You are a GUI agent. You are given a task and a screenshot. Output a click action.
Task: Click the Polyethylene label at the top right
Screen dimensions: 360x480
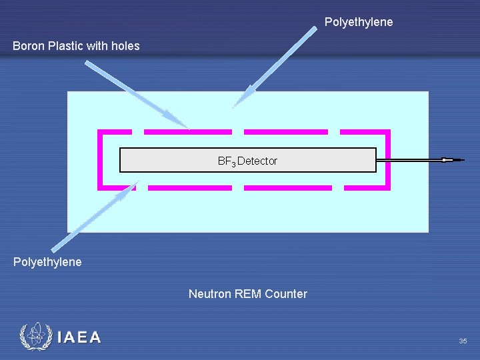tap(359, 22)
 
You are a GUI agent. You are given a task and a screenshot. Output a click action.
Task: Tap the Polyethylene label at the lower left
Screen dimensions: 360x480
tap(47, 262)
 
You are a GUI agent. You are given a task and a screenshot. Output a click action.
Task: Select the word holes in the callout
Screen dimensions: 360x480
tap(125, 46)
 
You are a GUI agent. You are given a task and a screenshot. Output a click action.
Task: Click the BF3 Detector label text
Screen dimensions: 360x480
tap(247, 161)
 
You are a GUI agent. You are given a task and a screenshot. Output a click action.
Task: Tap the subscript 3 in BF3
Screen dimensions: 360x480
tap(233, 163)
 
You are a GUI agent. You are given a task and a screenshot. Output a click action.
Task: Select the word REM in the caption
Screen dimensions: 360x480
tap(249, 294)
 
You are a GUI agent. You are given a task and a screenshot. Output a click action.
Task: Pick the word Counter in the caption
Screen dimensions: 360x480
tap(286, 294)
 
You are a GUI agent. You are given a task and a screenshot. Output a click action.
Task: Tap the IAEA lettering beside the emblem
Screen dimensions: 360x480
tap(79, 337)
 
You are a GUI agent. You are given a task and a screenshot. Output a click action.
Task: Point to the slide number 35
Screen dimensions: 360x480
tap(463, 341)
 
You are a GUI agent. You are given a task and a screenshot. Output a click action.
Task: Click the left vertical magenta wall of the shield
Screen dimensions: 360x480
tap(100, 160)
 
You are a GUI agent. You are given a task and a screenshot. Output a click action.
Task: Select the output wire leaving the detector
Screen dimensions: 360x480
tap(413, 160)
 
